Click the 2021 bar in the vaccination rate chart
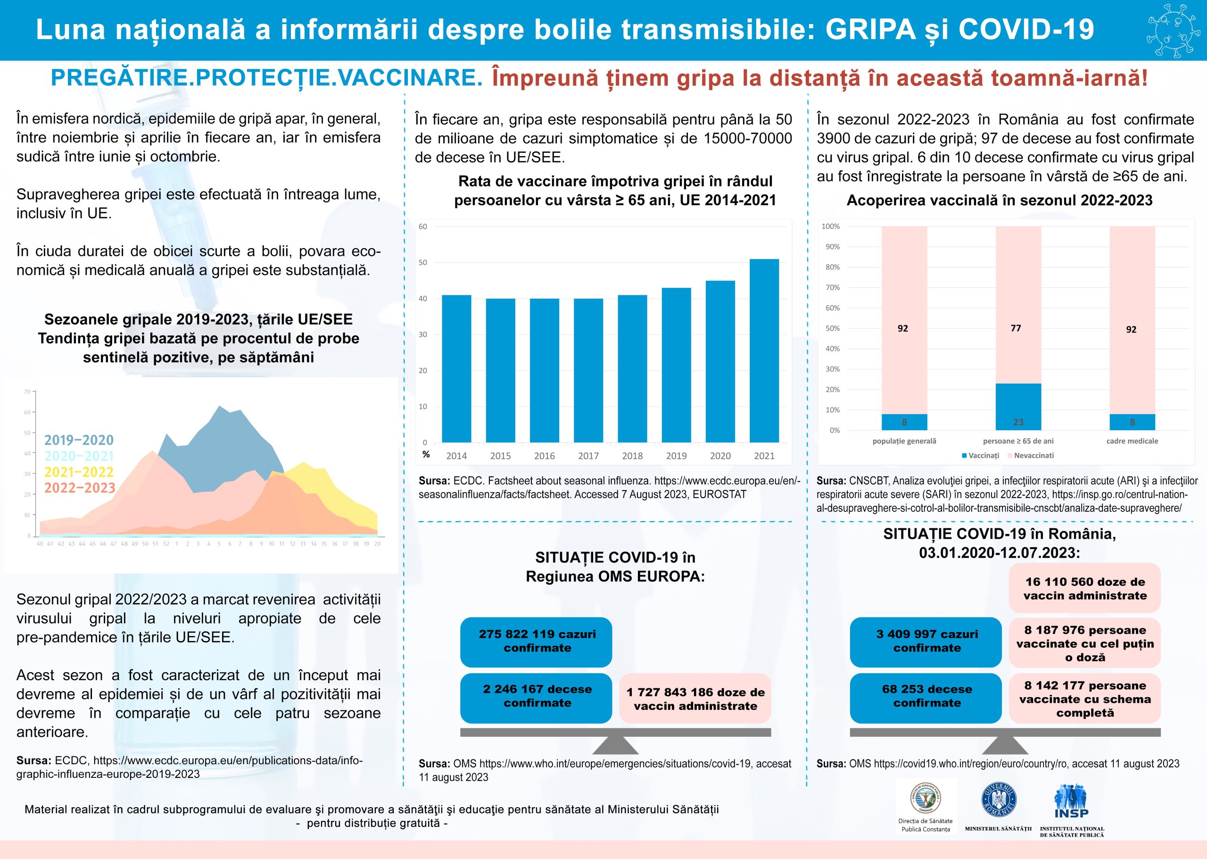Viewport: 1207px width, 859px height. pos(764,350)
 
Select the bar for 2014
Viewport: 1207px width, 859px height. pos(456,369)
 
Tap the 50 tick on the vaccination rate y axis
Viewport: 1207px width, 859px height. pos(423,262)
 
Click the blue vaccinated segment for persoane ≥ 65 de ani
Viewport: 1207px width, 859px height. pos(1018,407)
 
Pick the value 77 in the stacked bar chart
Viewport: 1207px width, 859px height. pos(1016,328)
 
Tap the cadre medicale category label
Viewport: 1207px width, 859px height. pos(1132,441)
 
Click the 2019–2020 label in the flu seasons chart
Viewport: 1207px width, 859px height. pos(79,440)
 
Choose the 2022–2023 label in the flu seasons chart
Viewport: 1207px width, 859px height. pos(79,488)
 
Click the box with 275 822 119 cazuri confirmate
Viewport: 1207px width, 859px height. pos(536,642)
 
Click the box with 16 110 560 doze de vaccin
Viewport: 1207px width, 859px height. pos(1084,589)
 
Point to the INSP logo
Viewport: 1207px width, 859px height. pos(1071,802)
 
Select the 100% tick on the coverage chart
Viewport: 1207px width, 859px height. pos(831,226)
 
